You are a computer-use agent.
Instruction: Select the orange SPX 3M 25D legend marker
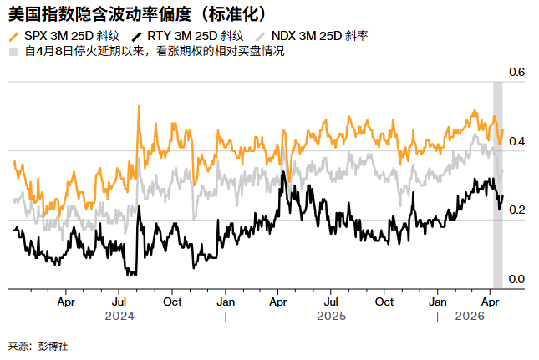15,36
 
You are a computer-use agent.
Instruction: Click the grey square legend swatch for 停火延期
13,52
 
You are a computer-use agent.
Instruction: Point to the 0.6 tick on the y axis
516,74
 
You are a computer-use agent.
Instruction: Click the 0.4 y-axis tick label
516,142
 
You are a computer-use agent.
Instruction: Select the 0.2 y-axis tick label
516,210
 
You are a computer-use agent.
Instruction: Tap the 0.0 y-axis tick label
516,279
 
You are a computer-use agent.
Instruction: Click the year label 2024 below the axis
119,317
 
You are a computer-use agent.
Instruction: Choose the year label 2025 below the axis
332,317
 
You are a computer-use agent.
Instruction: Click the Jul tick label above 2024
119,301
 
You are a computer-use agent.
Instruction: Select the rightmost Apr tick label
491,301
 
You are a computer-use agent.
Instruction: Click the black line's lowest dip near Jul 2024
131,273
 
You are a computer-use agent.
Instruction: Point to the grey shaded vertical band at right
498,184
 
